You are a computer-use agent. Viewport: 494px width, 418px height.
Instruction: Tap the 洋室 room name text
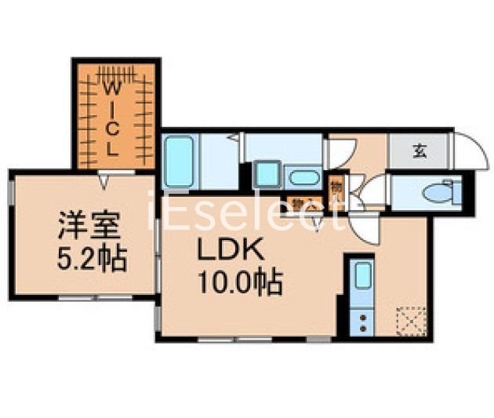click(x=89, y=228)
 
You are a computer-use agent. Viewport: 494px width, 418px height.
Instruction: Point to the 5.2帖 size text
click(x=92, y=258)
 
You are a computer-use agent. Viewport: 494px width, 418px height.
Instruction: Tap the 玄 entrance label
click(x=420, y=151)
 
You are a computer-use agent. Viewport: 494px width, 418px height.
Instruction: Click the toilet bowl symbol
click(x=436, y=191)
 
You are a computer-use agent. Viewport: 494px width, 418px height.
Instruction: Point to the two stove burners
click(x=361, y=322)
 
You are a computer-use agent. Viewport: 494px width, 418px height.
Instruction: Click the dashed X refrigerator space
click(x=410, y=321)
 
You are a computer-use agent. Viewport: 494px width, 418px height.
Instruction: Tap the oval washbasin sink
click(x=303, y=177)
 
